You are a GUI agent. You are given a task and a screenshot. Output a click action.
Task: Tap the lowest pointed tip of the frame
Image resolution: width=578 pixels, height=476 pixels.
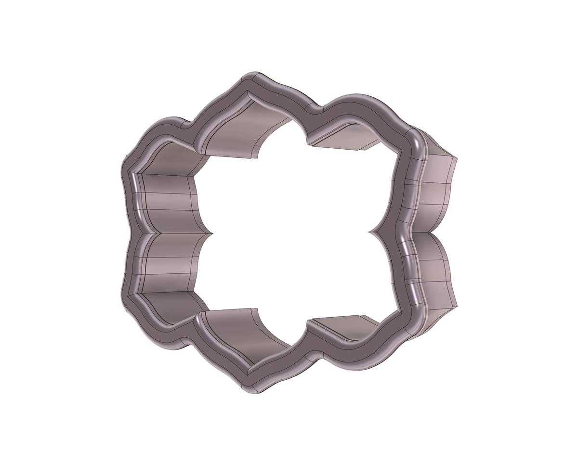(x=253, y=391)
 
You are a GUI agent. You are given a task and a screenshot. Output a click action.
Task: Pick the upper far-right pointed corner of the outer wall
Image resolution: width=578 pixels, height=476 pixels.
(x=456, y=157)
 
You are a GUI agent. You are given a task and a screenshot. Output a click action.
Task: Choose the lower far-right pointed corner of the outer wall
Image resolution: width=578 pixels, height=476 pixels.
(x=456, y=306)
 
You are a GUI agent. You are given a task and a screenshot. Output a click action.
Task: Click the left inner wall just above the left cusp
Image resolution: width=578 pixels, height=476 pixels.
(x=169, y=202)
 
